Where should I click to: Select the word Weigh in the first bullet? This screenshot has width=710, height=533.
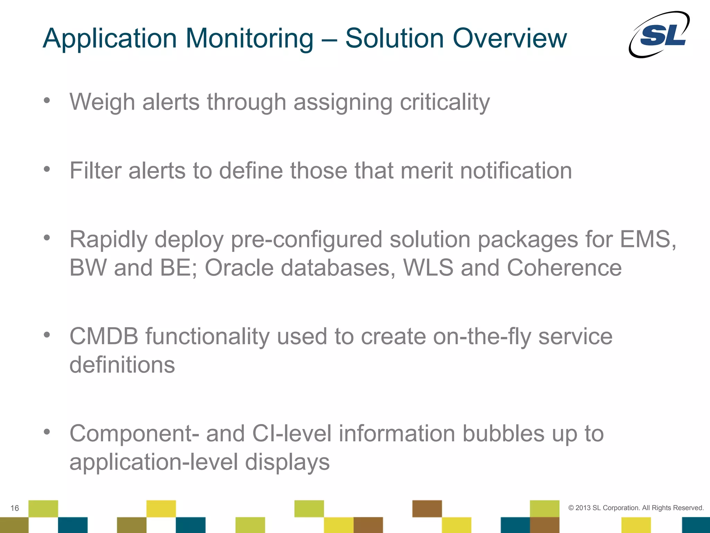click(102, 102)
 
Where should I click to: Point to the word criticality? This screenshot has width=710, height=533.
click(444, 102)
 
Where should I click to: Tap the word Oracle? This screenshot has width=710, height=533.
click(239, 268)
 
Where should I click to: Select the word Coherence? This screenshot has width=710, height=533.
click(564, 268)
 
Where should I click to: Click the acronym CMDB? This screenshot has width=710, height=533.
click(104, 337)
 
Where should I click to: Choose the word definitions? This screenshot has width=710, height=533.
click(122, 365)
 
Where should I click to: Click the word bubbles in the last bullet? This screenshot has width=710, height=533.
click(503, 434)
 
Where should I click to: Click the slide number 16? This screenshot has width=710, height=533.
click(15, 508)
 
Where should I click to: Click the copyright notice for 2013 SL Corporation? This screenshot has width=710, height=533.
click(636, 508)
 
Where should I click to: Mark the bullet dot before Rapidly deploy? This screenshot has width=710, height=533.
click(47, 238)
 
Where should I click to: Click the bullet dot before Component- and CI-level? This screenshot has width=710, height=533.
click(47, 432)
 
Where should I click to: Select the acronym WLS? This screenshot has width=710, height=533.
click(428, 268)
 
